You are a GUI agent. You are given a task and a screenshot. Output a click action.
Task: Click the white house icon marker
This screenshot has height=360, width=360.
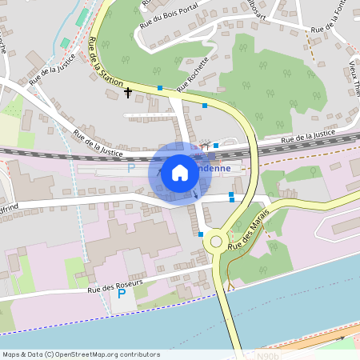coord(179,173)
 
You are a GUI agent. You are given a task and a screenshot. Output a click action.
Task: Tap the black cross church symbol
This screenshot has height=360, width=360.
coord(127,93)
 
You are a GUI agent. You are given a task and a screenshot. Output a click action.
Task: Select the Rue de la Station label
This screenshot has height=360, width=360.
coord(106,61)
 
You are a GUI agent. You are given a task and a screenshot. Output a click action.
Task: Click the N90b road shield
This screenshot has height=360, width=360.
coord(270,354)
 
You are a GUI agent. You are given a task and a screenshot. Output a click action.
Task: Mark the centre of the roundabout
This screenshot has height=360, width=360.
coord(214,241)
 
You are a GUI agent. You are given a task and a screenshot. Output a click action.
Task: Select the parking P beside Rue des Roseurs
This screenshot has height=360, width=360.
coord(122,294)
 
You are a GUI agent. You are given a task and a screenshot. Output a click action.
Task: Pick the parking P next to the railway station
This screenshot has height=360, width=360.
coord(131,168)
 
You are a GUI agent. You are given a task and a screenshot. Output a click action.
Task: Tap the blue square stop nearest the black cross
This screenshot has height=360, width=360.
coord(160,88)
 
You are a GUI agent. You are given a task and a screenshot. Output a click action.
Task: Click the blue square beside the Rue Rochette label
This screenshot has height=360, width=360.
coord(205,105)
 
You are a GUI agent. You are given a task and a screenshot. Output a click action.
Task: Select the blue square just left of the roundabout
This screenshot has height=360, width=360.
coord(200,234)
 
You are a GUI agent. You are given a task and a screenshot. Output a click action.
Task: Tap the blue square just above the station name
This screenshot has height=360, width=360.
coord(216,146)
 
